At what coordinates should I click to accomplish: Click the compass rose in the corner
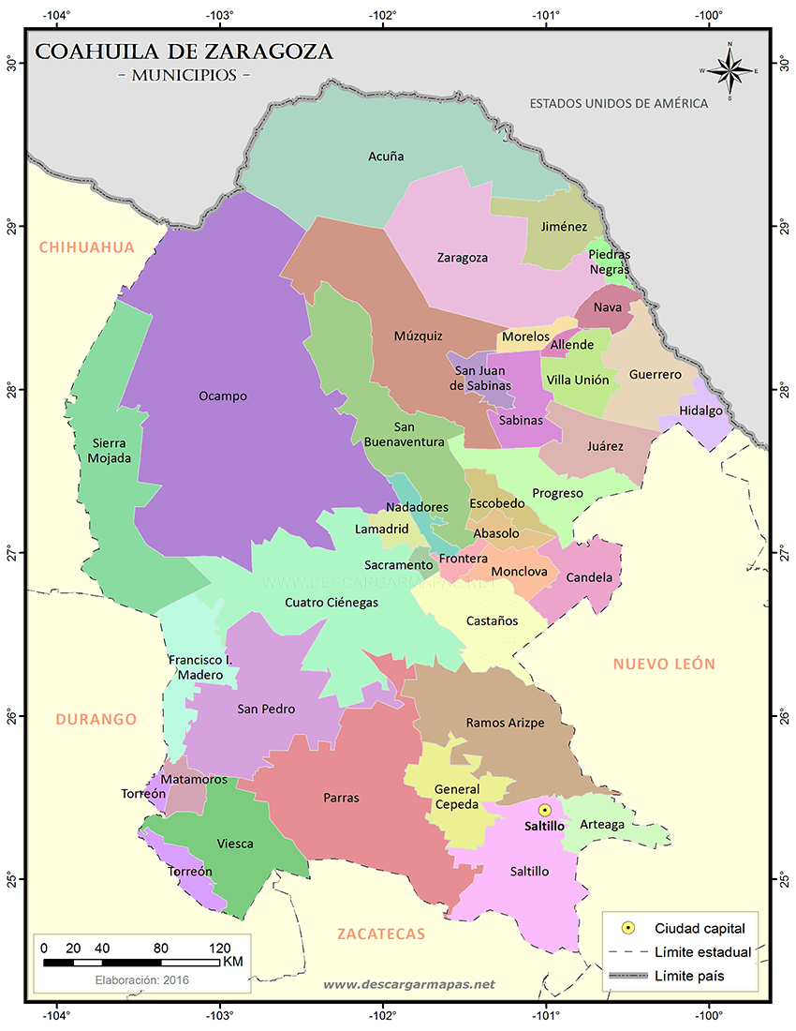[x=730, y=70]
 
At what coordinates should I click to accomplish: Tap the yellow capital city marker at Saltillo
[x=545, y=810]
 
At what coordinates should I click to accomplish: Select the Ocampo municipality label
[x=223, y=396]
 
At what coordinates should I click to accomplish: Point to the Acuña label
[x=386, y=157]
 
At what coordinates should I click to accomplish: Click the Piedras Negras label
[x=610, y=261]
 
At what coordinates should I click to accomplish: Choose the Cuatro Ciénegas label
[x=332, y=603]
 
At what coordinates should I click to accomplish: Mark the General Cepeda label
[x=456, y=796]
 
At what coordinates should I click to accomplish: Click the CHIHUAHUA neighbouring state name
[x=87, y=247]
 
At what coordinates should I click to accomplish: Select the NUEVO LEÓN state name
[x=664, y=664]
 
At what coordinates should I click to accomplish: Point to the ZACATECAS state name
[x=381, y=934]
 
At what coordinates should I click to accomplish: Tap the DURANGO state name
[x=96, y=719]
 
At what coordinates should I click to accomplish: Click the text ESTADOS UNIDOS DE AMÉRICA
[x=618, y=103]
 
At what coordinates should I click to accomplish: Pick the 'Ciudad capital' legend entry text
[x=700, y=929]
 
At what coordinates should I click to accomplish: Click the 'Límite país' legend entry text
[x=689, y=976]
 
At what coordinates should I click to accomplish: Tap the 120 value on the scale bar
[x=219, y=947]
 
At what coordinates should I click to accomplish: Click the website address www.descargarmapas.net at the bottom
[x=408, y=985]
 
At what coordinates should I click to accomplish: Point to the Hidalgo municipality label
[x=700, y=411]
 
